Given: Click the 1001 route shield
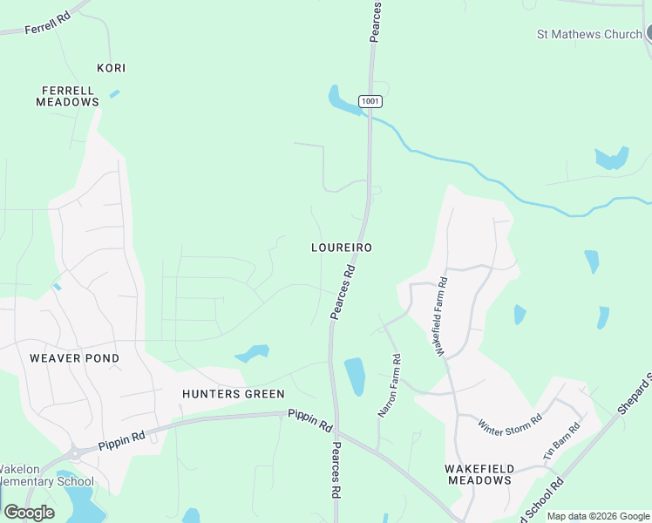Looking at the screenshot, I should (371, 101).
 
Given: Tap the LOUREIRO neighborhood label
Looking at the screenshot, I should (342, 248).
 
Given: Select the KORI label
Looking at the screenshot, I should (111, 68).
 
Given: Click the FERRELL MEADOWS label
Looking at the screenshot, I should (67, 96).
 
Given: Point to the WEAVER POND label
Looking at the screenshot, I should (74, 358).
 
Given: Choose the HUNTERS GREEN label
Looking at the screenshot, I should (234, 394).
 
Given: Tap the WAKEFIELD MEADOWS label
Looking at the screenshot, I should (479, 474).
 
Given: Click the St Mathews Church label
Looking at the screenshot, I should (588, 35).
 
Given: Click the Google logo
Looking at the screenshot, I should (29, 513).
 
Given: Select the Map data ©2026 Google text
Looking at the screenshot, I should (598, 516).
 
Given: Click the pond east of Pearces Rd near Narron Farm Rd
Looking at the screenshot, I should (355, 376).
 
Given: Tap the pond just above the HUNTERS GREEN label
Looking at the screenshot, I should (252, 354).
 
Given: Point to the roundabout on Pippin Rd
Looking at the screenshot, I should (76, 452).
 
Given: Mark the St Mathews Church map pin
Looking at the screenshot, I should (648, 33).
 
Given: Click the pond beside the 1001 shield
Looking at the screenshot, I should (343, 101).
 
